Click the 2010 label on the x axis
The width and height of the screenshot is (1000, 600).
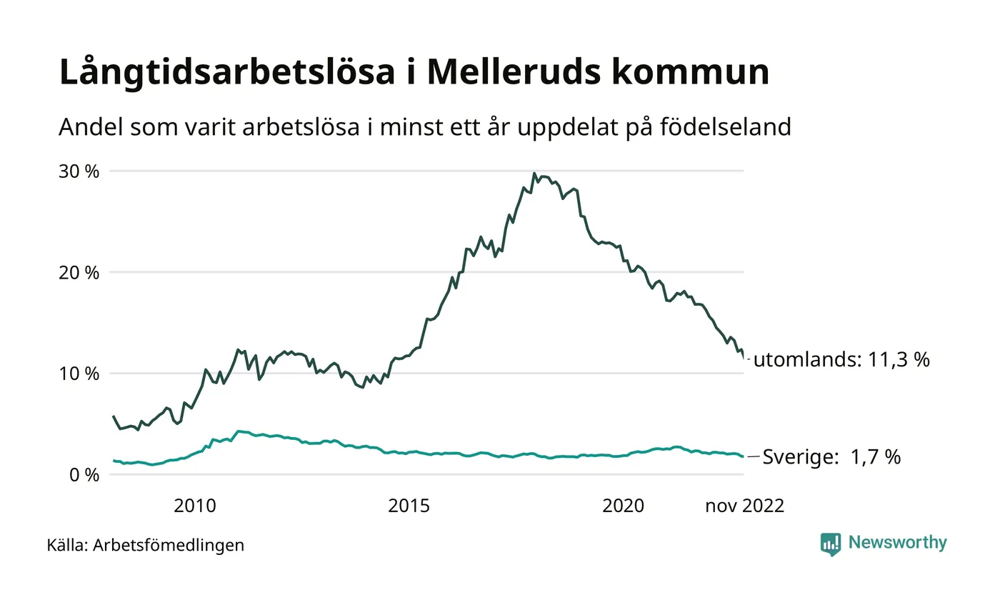pos(194,506)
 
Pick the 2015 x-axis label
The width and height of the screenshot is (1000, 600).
pos(409,506)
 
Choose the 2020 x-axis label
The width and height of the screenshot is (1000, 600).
pos(623,506)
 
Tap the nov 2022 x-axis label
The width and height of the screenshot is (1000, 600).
pos(744,506)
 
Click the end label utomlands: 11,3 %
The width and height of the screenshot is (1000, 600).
pos(841,360)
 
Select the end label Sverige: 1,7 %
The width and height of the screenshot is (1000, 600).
pos(831,457)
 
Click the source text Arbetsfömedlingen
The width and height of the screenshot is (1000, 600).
pos(169,546)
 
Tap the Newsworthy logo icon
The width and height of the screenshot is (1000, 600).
pos(831,544)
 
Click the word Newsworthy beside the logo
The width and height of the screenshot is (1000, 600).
pos(897,543)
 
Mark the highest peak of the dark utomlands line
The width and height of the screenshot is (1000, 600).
pos(534,174)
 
